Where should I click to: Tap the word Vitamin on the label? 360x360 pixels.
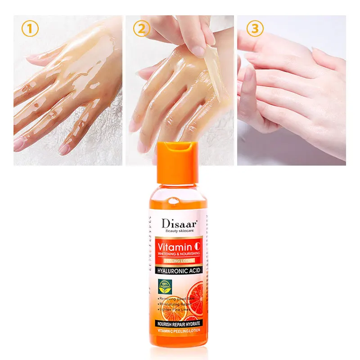pos(174,247)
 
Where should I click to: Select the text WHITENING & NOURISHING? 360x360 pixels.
pos(179,254)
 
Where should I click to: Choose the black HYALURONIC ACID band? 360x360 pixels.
pos(178,270)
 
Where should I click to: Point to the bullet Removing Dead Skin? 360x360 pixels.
pos(175,299)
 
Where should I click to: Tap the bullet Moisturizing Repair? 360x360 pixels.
pos(175,304)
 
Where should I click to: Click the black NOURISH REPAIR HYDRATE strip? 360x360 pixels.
pos(179,324)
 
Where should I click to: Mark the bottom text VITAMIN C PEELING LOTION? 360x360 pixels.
pos(179,331)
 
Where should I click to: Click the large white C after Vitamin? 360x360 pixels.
pos(197,247)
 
